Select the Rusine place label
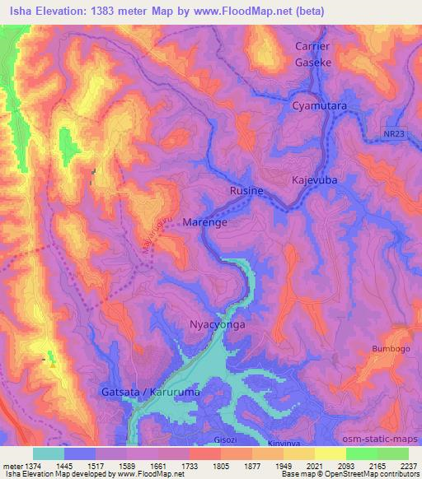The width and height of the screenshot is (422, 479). pyautogui.click(x=246, y=191)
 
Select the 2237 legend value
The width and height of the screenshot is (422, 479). pyautogui.click(x=407, y=465)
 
